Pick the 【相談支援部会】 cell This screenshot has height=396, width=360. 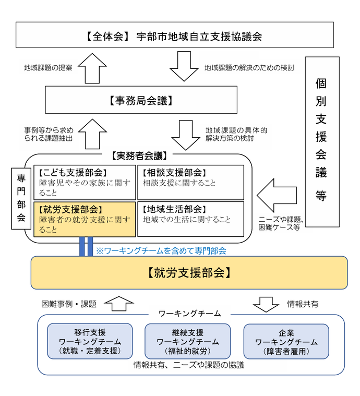[x=190, y=182]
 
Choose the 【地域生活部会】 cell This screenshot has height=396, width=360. [x=190, y=219]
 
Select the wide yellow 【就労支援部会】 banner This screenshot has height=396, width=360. [x=189, y=272]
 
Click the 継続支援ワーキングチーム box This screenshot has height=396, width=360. [x=187, y=341]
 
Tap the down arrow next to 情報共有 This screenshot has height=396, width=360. [x=266, y=304]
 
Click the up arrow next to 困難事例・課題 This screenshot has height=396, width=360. [x=119, y=304]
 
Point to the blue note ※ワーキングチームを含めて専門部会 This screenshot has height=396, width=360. [x=161, y=250]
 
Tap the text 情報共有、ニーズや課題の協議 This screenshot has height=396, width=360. [x=189, y=365]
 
